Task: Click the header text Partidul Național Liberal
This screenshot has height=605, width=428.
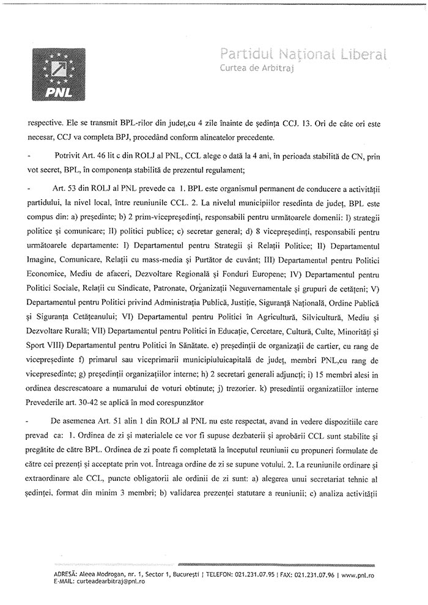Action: click(303, 55)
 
